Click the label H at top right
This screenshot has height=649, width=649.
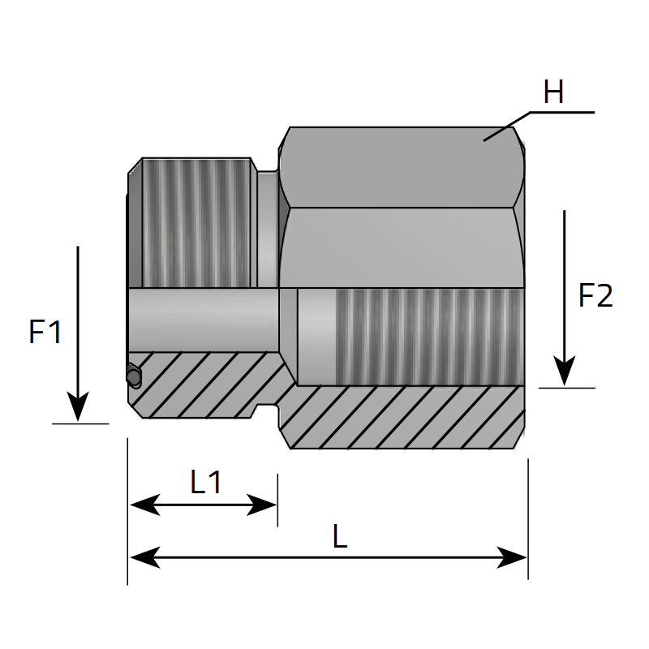553,92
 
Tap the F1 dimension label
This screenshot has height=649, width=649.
45,332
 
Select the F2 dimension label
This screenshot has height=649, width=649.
595,295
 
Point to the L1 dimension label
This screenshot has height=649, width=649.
206,482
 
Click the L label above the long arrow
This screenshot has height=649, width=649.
340,536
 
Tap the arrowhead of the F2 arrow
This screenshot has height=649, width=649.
564,371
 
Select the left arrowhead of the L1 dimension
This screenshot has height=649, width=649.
145,505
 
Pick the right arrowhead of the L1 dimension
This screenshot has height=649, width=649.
261,505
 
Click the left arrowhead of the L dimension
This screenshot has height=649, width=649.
145,557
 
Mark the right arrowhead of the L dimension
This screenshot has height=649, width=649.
512,557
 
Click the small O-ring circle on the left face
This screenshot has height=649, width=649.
134,376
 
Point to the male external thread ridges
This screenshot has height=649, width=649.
196,222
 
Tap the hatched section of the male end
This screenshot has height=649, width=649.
203,384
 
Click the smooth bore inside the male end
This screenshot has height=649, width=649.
204,320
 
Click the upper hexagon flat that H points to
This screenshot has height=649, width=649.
397,167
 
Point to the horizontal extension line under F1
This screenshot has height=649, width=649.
80,423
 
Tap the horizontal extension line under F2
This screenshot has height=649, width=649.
566,389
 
